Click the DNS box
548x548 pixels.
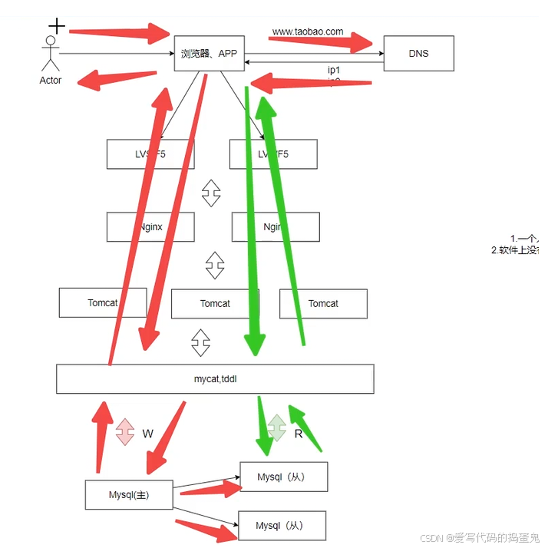418,54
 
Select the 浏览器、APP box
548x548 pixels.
209,54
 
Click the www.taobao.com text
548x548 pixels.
308,32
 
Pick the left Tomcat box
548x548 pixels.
102,302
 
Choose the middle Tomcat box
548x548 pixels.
215,303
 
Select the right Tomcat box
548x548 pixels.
323,303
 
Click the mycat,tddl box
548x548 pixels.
215,378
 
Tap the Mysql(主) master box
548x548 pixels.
129,495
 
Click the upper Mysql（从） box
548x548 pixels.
284,477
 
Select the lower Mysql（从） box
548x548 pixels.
282,526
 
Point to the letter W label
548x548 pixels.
148,434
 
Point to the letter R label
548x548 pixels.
299,434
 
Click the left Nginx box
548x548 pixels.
150,226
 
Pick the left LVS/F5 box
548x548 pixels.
150,154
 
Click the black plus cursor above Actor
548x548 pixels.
57,26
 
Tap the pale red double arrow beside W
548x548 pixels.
125,432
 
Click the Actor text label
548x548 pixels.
51,80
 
